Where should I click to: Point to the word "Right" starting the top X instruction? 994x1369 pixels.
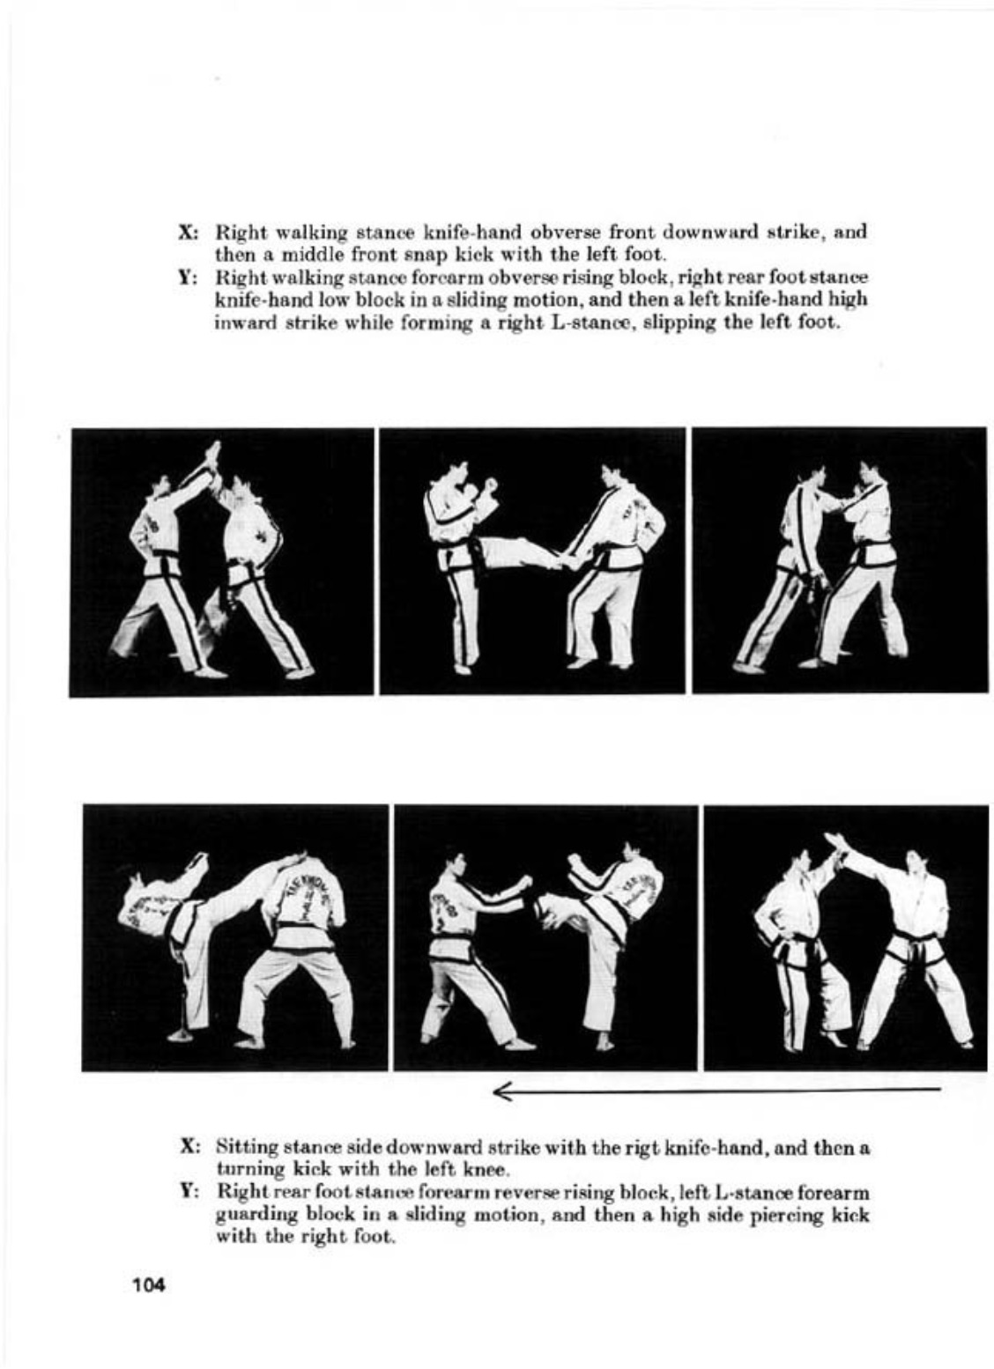point(242,233)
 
